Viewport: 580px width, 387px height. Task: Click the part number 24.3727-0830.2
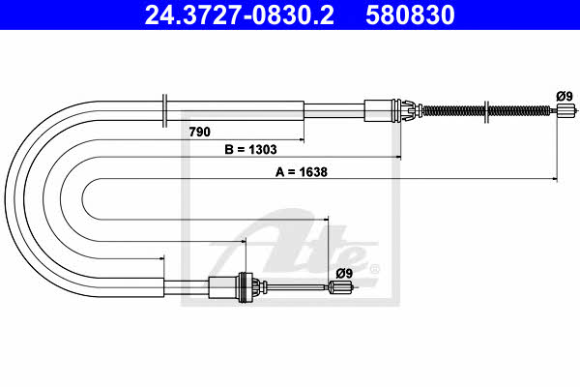point(240,15)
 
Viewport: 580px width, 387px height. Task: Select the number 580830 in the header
point(410,15)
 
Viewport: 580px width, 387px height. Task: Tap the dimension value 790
point(199,132)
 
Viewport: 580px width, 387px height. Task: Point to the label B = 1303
point(250,150)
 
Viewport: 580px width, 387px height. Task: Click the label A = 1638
point(301,172)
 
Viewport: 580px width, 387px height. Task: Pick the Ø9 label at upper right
point(565,97)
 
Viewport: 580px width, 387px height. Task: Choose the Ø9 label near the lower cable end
point(344,273)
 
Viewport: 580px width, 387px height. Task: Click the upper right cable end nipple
point(566,110)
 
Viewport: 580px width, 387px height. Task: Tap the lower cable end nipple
point(340,286)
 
